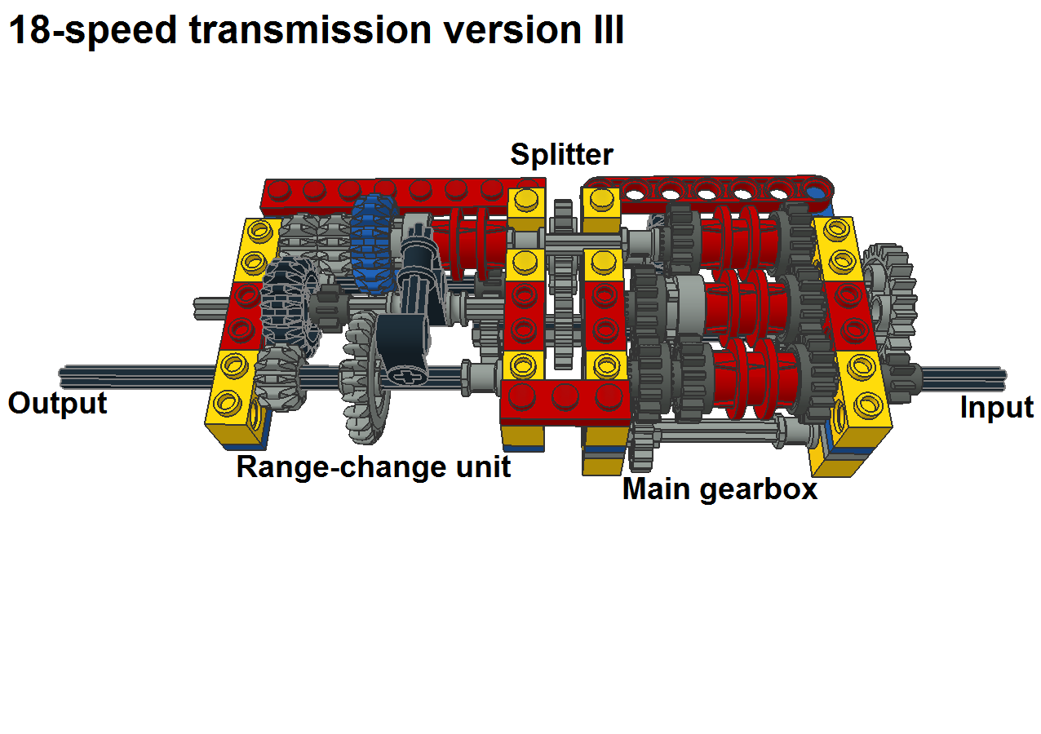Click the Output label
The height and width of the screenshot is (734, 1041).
click(x=57, y=404)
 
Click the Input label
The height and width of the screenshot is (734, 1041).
click(x=997, y=407)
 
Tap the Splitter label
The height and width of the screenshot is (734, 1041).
click(x=561, y=154)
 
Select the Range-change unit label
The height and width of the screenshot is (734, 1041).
click(x=373, y=467)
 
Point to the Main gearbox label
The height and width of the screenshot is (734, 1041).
click(x=720, y=489)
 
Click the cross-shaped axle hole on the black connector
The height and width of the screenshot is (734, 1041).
click(x=405, y=374)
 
